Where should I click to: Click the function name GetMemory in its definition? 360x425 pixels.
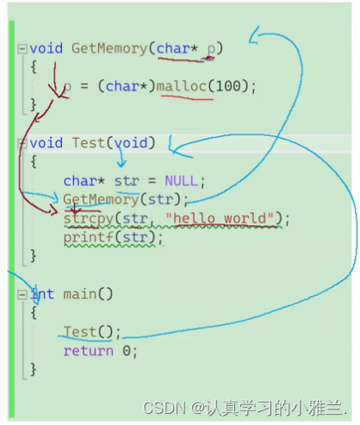pos(109,48)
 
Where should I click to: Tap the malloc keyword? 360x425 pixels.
pos(182,86)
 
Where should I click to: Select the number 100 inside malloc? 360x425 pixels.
pos(228,86)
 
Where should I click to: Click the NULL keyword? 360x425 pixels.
pos(181,181)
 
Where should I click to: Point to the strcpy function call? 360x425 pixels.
pos(89,219)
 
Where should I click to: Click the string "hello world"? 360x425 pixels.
pos(220,218)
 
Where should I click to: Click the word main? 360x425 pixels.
pos(80,294)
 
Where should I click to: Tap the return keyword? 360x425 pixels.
pos(89,351)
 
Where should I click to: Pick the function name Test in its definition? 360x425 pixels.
pos(89,143)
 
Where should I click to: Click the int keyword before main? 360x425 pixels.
pos(42,294)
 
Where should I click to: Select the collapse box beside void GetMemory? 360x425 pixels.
pos(22,49)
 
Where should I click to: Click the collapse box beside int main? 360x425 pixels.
pos(22,295)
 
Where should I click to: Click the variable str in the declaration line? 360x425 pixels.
pos(127,181)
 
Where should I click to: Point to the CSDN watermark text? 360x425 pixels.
pos(164,408)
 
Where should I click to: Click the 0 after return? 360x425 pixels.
pos(127,351)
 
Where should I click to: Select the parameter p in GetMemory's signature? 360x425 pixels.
pos(211,49)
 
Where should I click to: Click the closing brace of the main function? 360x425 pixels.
pos(34,370)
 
